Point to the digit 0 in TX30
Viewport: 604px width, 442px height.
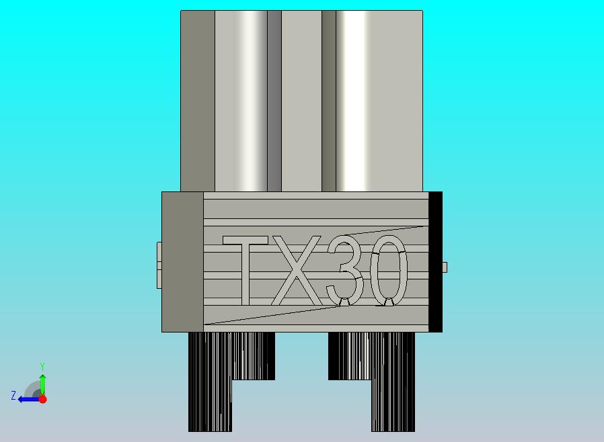389,271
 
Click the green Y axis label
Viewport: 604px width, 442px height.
42,366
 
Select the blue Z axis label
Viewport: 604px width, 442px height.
13,396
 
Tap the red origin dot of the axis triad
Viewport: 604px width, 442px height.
42,399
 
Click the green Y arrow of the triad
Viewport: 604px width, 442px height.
42,383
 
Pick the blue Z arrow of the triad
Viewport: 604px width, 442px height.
27,399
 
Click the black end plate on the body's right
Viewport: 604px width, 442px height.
435,262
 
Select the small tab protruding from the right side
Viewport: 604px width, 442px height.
445,267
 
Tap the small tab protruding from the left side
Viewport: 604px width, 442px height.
159,265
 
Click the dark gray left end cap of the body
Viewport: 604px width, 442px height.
182,262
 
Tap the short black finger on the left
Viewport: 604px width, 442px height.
254,356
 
